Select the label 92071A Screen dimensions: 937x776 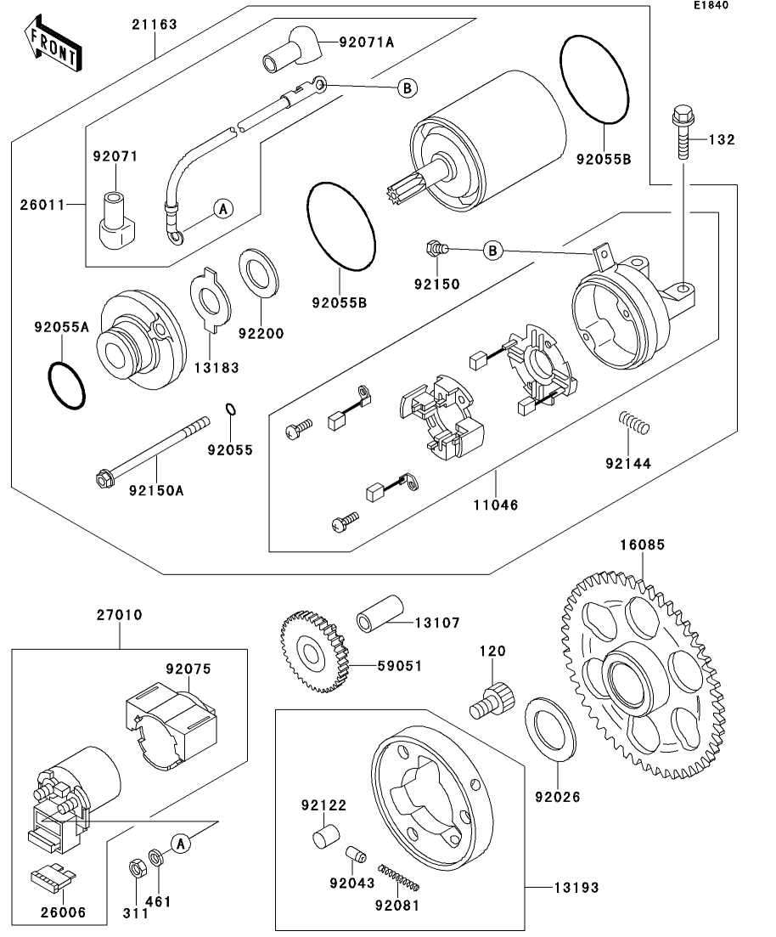point(367,42)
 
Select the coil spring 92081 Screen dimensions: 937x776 point(399,878)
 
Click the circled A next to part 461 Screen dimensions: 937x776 point(180,843)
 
